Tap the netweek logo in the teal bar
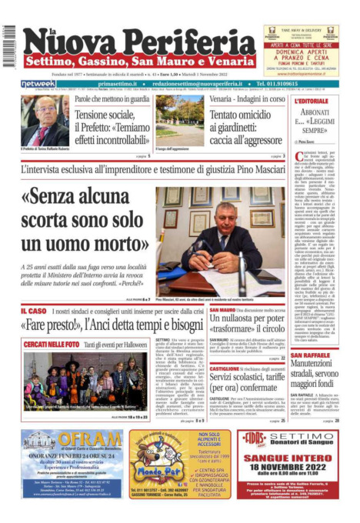pyautogui.click(x=38, y=83)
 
